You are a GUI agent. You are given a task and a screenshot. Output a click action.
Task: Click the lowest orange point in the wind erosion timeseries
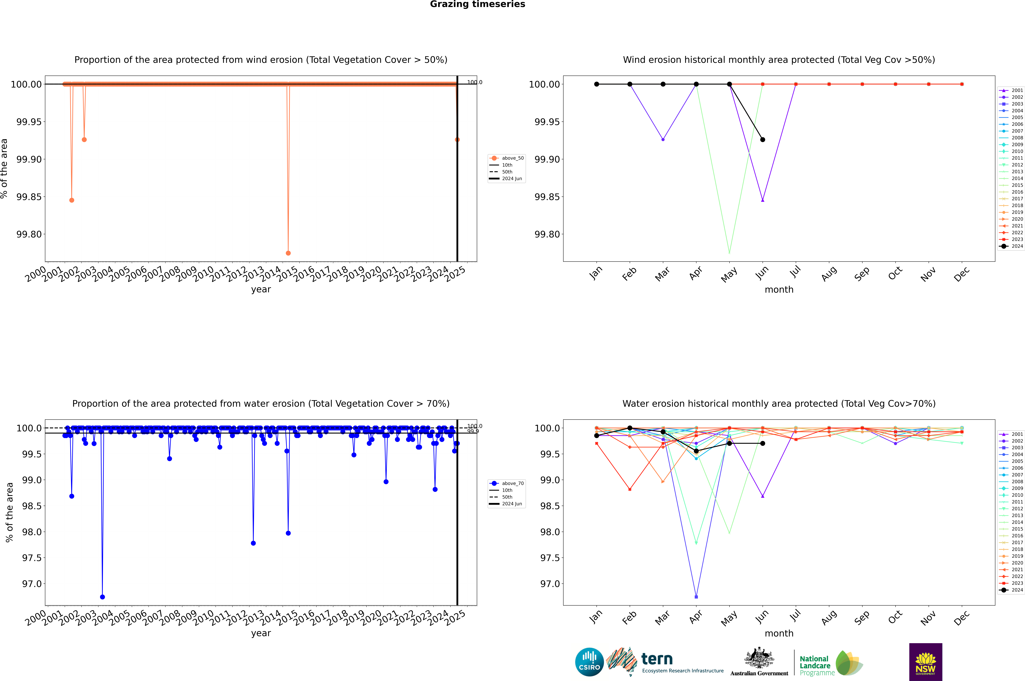[x=288, y=253]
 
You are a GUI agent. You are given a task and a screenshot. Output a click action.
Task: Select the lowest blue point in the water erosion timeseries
[x=102, y=597]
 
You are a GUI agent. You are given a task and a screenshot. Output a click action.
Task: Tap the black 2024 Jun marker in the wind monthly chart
[x=763, y=139]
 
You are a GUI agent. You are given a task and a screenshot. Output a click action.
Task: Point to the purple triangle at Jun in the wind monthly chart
[x=763, y=200]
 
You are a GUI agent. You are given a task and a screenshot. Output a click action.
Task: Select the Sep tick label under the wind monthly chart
[x=862, y=274]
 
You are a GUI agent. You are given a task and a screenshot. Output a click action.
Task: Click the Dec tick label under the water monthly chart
[x=962, y=618]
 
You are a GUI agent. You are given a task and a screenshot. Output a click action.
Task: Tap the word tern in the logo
[x=657, y=659]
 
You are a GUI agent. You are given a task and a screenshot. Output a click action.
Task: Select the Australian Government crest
[x=759, y=659]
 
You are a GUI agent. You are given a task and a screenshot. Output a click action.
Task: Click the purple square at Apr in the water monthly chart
[x=696, y=597]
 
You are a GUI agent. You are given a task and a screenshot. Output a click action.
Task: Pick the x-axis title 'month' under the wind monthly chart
[x=779, y=290]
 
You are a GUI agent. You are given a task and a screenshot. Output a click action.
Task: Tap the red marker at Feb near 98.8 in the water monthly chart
[x=630, y=489]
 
